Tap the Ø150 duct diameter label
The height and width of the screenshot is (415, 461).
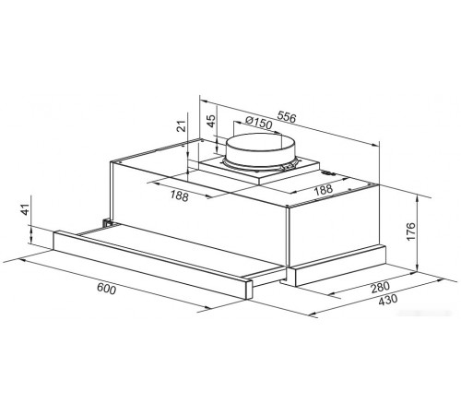pos(259,123)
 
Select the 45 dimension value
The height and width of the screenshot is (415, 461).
pos(210,121)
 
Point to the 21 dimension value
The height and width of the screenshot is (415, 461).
pos(183,125)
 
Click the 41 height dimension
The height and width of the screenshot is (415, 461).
pos(26,209)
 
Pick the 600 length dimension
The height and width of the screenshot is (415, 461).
pos(107,289)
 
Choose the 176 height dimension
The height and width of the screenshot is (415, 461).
pos(410,231)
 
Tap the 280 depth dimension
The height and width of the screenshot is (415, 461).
pos(380,288)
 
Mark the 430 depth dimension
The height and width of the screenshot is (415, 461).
pos(387,300)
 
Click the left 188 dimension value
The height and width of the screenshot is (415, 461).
pos(179,196)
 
